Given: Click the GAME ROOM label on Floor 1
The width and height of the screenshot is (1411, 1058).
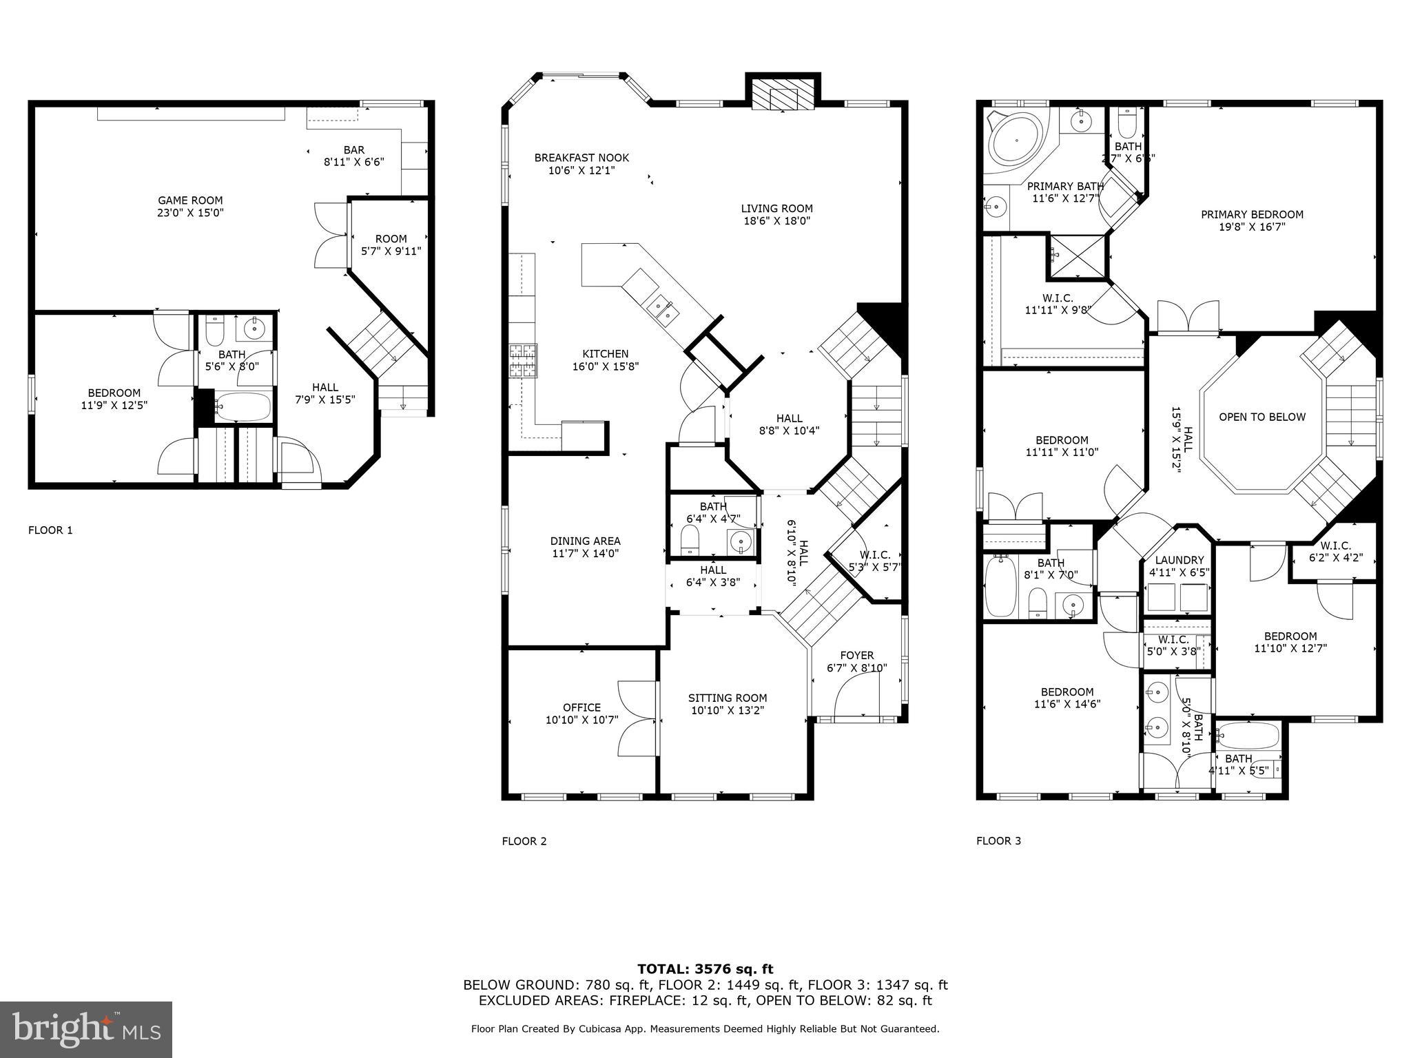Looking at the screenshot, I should pos(190,200).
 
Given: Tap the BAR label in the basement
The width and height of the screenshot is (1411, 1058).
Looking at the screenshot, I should pos(353,149).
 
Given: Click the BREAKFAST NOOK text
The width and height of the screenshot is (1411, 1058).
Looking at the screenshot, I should pos(581,158).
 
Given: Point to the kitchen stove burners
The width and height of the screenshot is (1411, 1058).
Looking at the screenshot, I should pos(522,360).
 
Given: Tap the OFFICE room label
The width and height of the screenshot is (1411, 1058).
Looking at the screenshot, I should pos(581,707).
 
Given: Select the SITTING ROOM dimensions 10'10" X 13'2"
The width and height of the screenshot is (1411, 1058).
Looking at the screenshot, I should pos(728,710).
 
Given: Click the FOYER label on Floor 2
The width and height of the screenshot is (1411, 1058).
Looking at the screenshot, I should pos(856,655).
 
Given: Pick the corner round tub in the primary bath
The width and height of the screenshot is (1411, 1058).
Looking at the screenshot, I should pos(1016,143).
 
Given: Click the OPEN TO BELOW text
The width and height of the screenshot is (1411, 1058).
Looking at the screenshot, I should pos(1261,417).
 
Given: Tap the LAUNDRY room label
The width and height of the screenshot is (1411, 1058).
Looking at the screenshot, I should pos(1179,560).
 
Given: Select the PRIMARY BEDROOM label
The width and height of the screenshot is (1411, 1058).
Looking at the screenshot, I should pos(1252,214).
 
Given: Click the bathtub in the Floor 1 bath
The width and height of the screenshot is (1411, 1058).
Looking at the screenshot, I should pos(243,407).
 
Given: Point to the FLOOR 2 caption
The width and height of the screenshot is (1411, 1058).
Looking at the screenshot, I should pos(524,841).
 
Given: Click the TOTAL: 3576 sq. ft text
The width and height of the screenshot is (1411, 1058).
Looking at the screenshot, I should pos(705,969).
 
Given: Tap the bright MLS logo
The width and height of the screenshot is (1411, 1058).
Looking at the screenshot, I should pos(86,1029).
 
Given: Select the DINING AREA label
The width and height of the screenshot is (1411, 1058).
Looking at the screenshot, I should pos(585,541).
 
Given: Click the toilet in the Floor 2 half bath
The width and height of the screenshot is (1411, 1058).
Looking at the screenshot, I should pos(690,539).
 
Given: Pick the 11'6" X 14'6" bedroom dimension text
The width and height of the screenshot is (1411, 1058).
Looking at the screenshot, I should pos(1067,704).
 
